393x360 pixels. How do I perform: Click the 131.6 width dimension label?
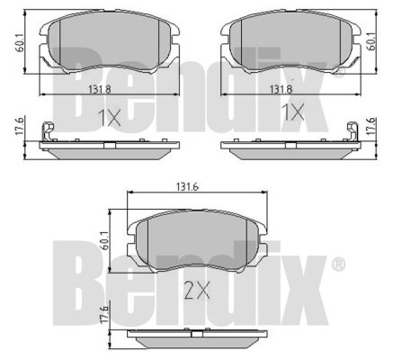pos(187,187)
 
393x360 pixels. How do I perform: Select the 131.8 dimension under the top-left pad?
pos(100,89)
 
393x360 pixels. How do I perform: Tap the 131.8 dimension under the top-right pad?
pos(281,89)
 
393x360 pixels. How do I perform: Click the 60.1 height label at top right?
pos(371,41)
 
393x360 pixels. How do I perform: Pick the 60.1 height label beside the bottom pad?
pos(104,240)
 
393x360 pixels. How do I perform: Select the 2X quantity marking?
pos(197,291)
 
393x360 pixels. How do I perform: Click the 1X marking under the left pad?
pos(110,118)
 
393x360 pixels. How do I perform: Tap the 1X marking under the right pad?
pos(293,112)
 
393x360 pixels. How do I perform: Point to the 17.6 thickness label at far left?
pos(19,127)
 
